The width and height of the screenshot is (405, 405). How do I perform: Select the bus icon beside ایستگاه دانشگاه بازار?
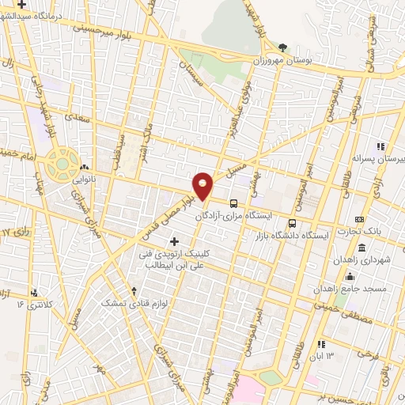coord(293,223)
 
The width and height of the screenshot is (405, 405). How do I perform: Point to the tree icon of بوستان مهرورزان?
coord(282,47)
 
